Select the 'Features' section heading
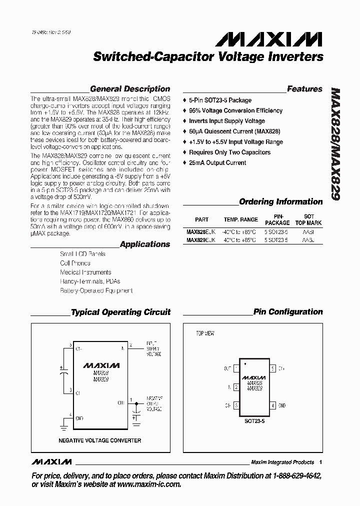(304, 89)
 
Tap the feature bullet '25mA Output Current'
(217, 163)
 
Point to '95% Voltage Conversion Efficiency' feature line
(235, 110)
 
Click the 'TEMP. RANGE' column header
(240, 219)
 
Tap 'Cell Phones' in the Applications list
(75, 263)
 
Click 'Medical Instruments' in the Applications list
(85, 272)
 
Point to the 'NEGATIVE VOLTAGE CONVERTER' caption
(100, 440)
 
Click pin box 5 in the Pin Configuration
(273, 368)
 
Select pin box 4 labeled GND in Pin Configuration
(273, 405)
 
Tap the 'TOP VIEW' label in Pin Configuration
(205, 333)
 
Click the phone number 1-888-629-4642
(293, 475)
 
